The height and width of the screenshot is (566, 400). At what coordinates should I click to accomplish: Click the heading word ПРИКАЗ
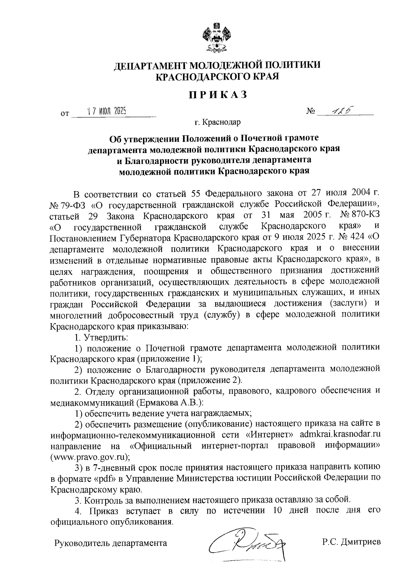[x=218, y=95]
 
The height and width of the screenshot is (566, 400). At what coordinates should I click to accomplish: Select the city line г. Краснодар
[x=218, y=122]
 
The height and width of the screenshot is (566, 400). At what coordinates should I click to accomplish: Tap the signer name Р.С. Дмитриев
[x=351, y=542]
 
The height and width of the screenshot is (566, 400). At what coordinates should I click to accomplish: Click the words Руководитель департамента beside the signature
[x=111, y=543]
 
